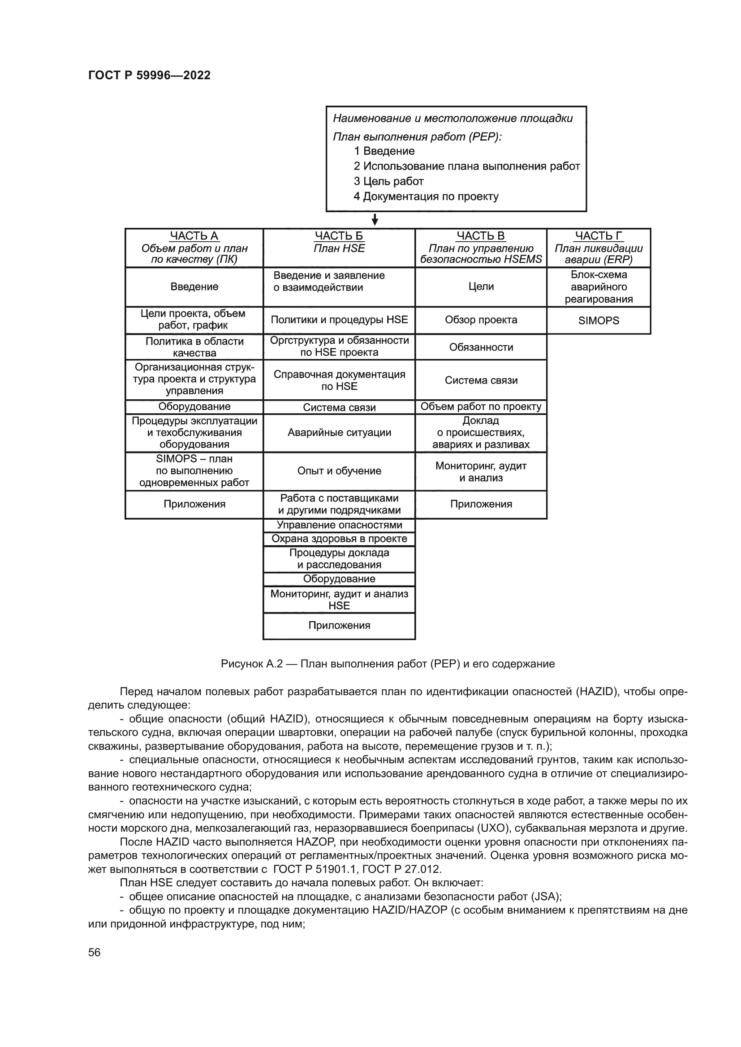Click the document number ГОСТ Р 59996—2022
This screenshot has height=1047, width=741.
point(149,75)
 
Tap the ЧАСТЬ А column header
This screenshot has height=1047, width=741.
point(194,236)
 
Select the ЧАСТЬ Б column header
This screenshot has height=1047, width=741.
point(339,236)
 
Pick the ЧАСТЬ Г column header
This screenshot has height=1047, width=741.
point(598,236)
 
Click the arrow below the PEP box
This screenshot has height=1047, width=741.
point(375,220)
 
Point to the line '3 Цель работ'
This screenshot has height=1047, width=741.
point(389,181)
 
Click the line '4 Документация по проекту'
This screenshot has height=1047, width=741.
point(426,197)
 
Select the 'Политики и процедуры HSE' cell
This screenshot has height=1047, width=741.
point(339,320)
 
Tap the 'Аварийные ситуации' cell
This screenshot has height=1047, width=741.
point(339,432)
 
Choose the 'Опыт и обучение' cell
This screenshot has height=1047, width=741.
point(339,470)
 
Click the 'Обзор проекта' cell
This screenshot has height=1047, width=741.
point(481,320)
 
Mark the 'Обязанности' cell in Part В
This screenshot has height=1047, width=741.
point(481,347)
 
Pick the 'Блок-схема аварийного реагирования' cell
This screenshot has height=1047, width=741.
point(598,287)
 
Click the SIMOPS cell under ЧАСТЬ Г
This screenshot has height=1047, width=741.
point(598,321)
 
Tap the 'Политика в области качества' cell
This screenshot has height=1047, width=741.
point(194,347)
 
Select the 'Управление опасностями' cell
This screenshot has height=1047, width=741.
point(339,525)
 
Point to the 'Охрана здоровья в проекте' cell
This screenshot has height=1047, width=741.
point(339,538)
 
